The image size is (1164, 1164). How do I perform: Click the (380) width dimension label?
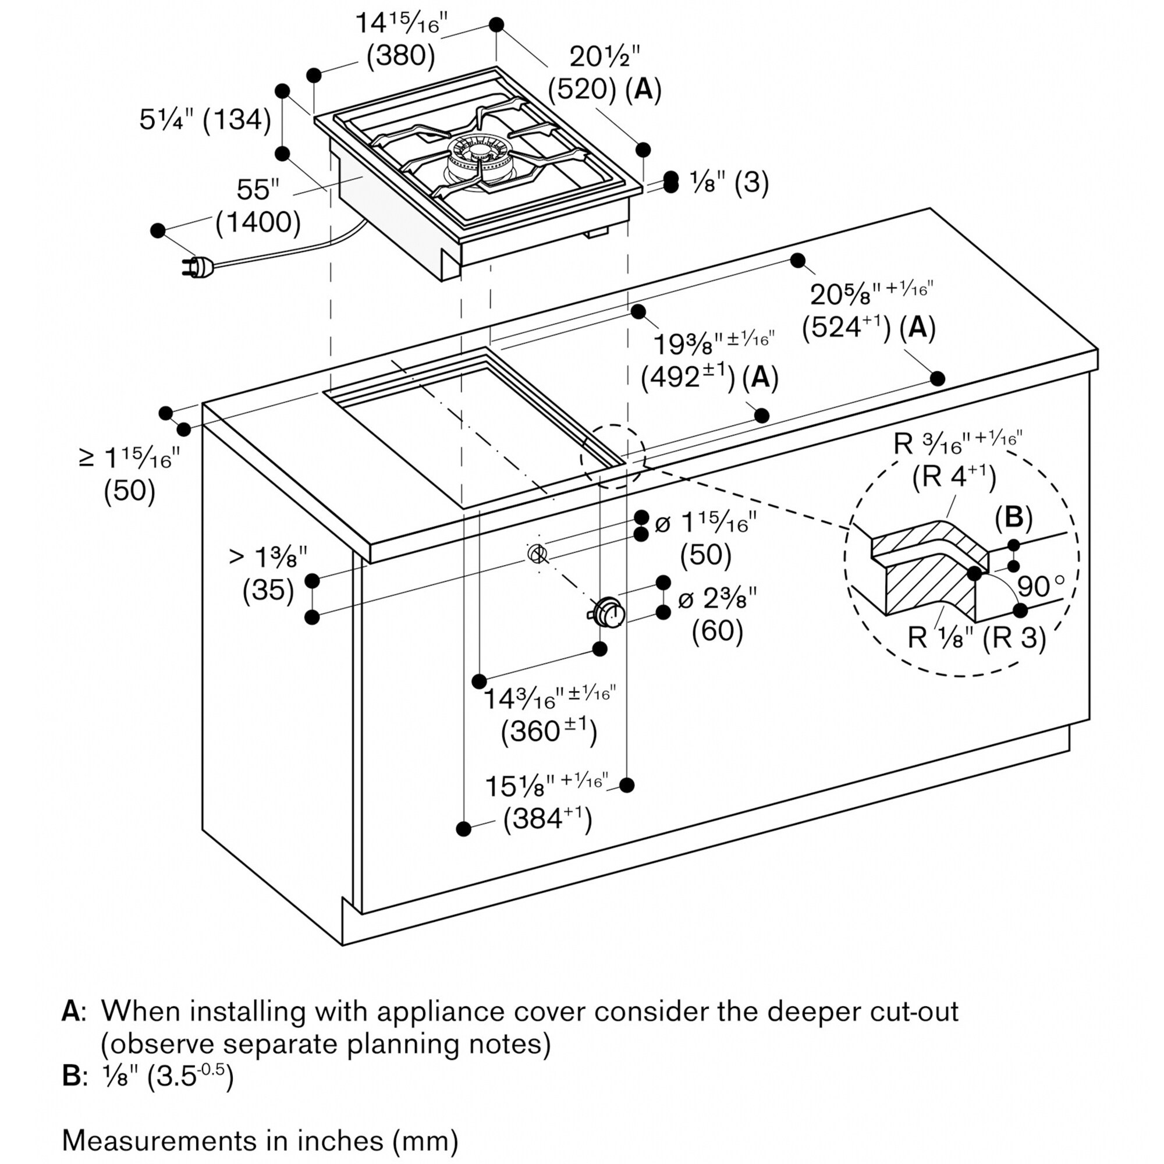(x=400, y=55)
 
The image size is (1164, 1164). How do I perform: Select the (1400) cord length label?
(x=258, y=222)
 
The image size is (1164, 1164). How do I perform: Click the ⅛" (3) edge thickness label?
(x=729, y=182)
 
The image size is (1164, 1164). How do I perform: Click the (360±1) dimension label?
(x=548, y=732)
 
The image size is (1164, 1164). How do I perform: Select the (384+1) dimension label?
(x=548, y=818)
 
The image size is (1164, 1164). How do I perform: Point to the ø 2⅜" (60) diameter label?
(x=717, y=615)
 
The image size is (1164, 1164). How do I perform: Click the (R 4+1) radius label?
(x=953, y=477)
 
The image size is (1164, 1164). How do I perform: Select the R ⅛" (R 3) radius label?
(x=977, y=637)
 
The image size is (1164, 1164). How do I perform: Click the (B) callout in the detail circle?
(x=1013, y=517)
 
